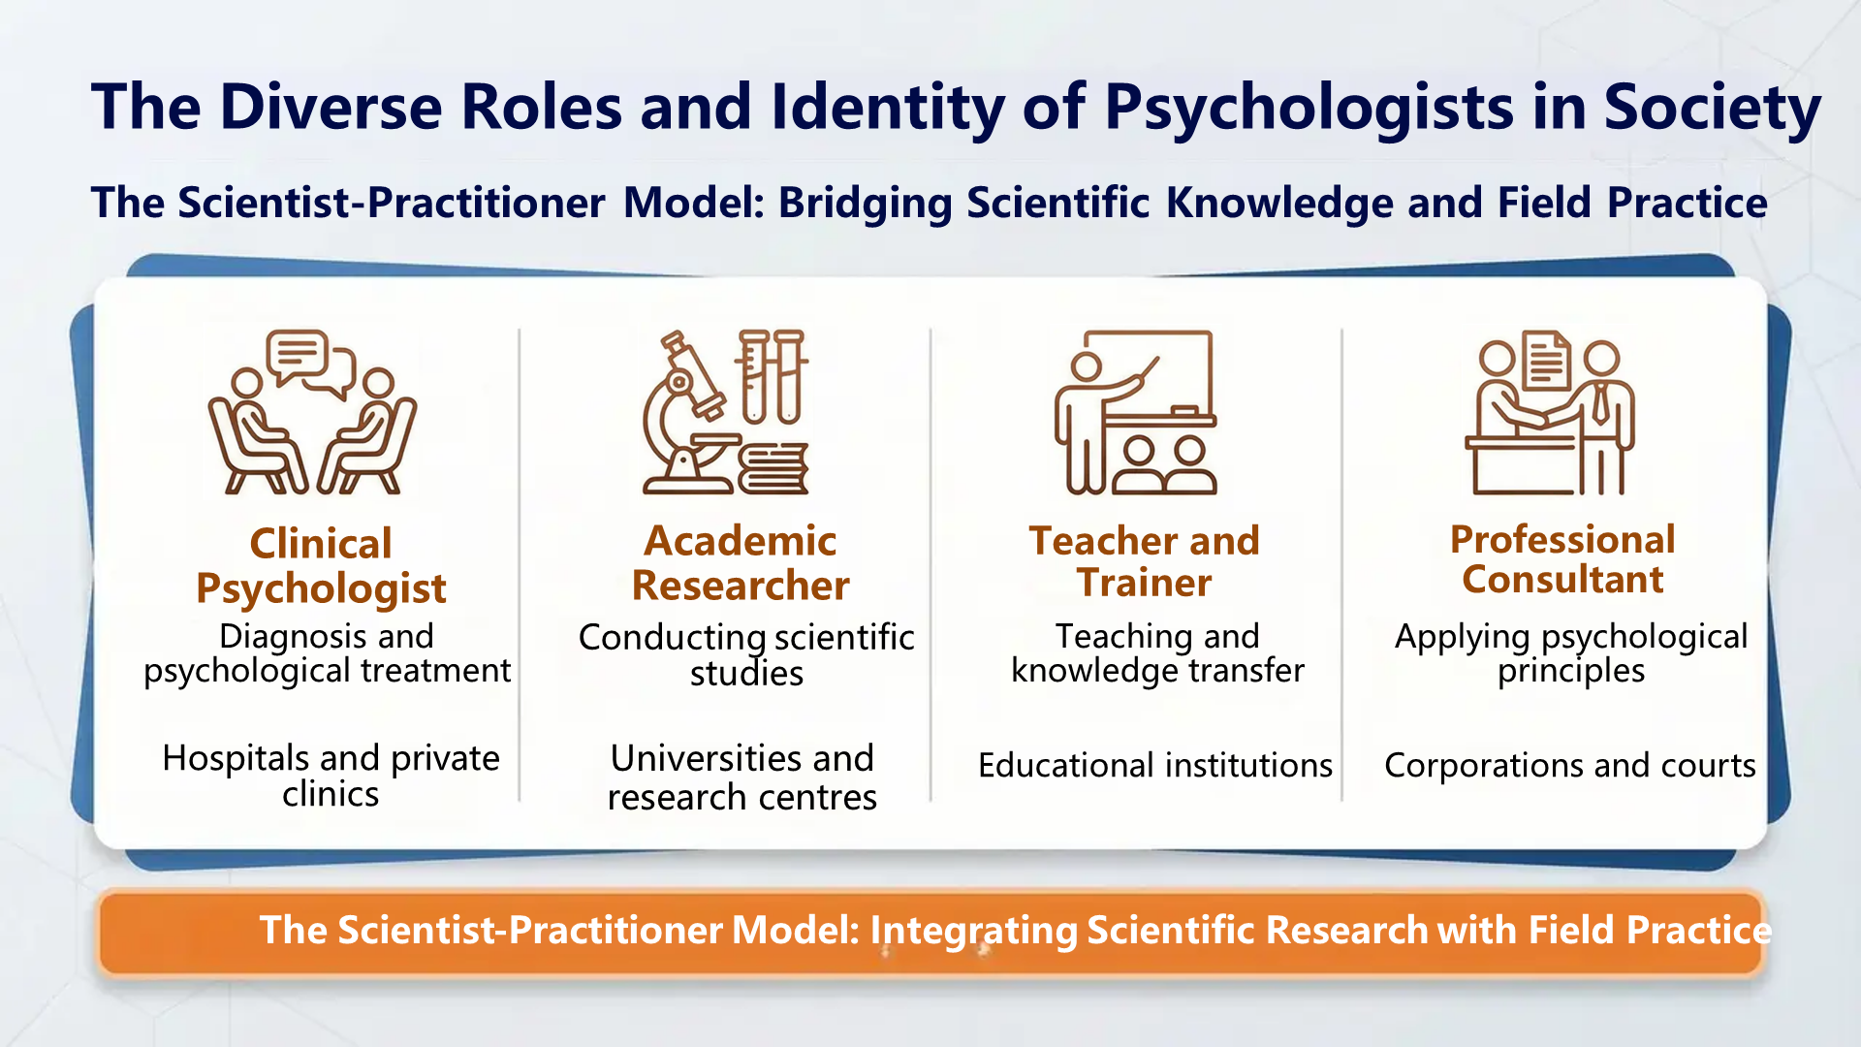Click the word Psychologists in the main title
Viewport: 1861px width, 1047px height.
1309,107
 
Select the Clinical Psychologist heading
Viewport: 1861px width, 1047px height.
321,566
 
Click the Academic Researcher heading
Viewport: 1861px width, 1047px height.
741,563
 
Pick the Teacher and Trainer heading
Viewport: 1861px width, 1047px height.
1144,561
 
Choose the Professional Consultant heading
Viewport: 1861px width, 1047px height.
1562,559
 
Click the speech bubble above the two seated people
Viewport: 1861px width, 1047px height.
308,362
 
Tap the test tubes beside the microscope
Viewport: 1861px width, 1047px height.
773,376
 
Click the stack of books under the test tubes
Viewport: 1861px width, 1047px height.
773,468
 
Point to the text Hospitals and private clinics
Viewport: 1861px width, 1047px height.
331,776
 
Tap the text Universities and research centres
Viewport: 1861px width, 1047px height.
741,777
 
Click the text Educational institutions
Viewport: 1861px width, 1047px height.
1155,766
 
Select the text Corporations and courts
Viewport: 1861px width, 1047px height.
1569,766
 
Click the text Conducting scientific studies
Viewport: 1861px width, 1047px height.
746,654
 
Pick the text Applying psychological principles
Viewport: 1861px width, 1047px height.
1571,653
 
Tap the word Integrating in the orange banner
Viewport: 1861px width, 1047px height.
973,931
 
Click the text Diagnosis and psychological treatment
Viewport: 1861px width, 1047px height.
327,653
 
